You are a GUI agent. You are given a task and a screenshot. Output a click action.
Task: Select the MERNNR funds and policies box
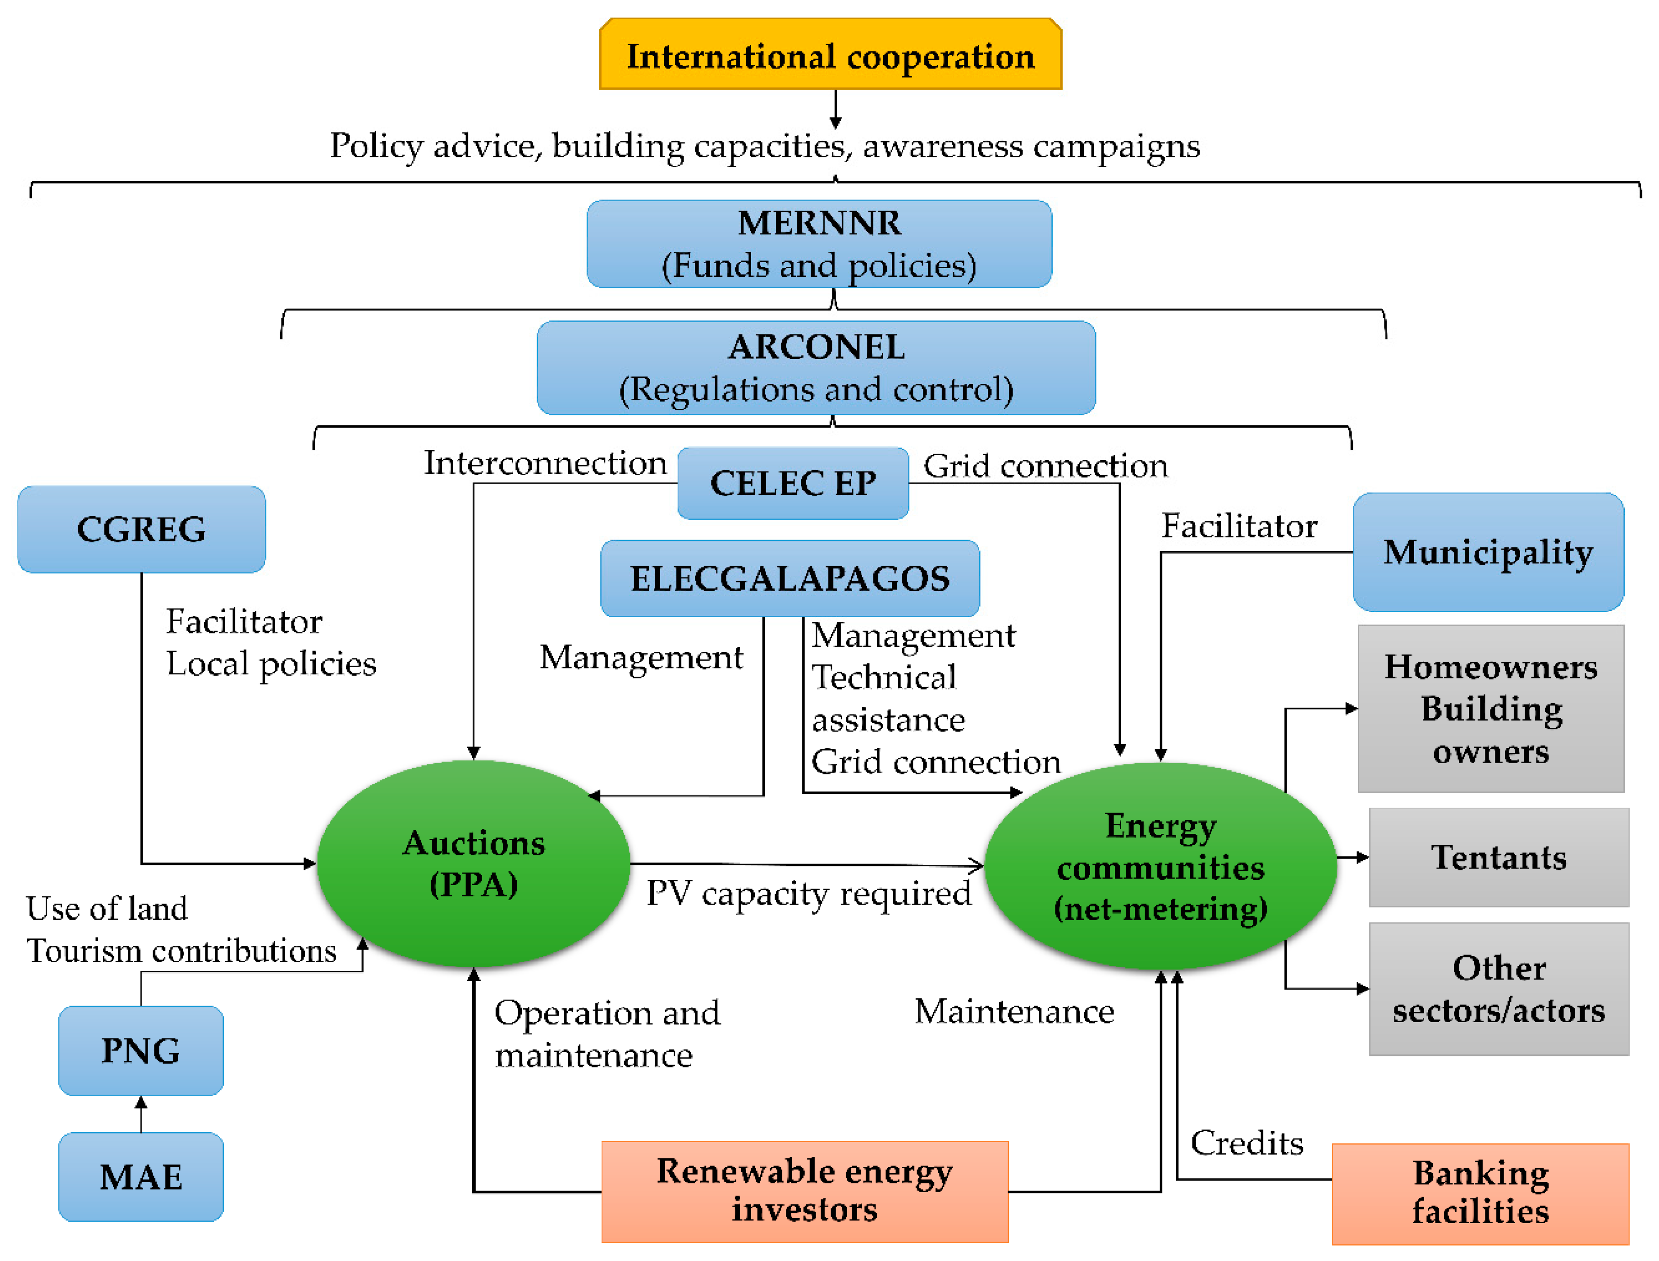coord(818,244)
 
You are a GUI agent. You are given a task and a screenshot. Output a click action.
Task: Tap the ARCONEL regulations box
coord(816,368)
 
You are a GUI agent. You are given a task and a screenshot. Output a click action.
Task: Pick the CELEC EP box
coord(793,482)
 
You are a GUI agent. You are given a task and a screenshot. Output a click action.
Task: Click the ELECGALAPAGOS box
coord(790,578)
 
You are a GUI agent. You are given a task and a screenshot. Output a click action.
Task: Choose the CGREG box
coord(141,529)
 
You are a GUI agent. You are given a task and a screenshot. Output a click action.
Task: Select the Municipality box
coord(1488,552)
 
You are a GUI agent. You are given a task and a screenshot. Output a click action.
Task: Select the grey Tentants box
coord(1498,857)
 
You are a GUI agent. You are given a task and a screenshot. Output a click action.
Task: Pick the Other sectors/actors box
coord(1498,989)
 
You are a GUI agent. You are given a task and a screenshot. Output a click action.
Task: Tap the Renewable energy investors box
coord(804,1191)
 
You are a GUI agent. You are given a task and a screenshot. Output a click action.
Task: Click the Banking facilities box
coord(1479,1193)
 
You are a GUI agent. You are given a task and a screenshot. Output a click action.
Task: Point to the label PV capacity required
coord(808,893)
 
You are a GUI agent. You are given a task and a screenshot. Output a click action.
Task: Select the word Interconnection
coord(545,462)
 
